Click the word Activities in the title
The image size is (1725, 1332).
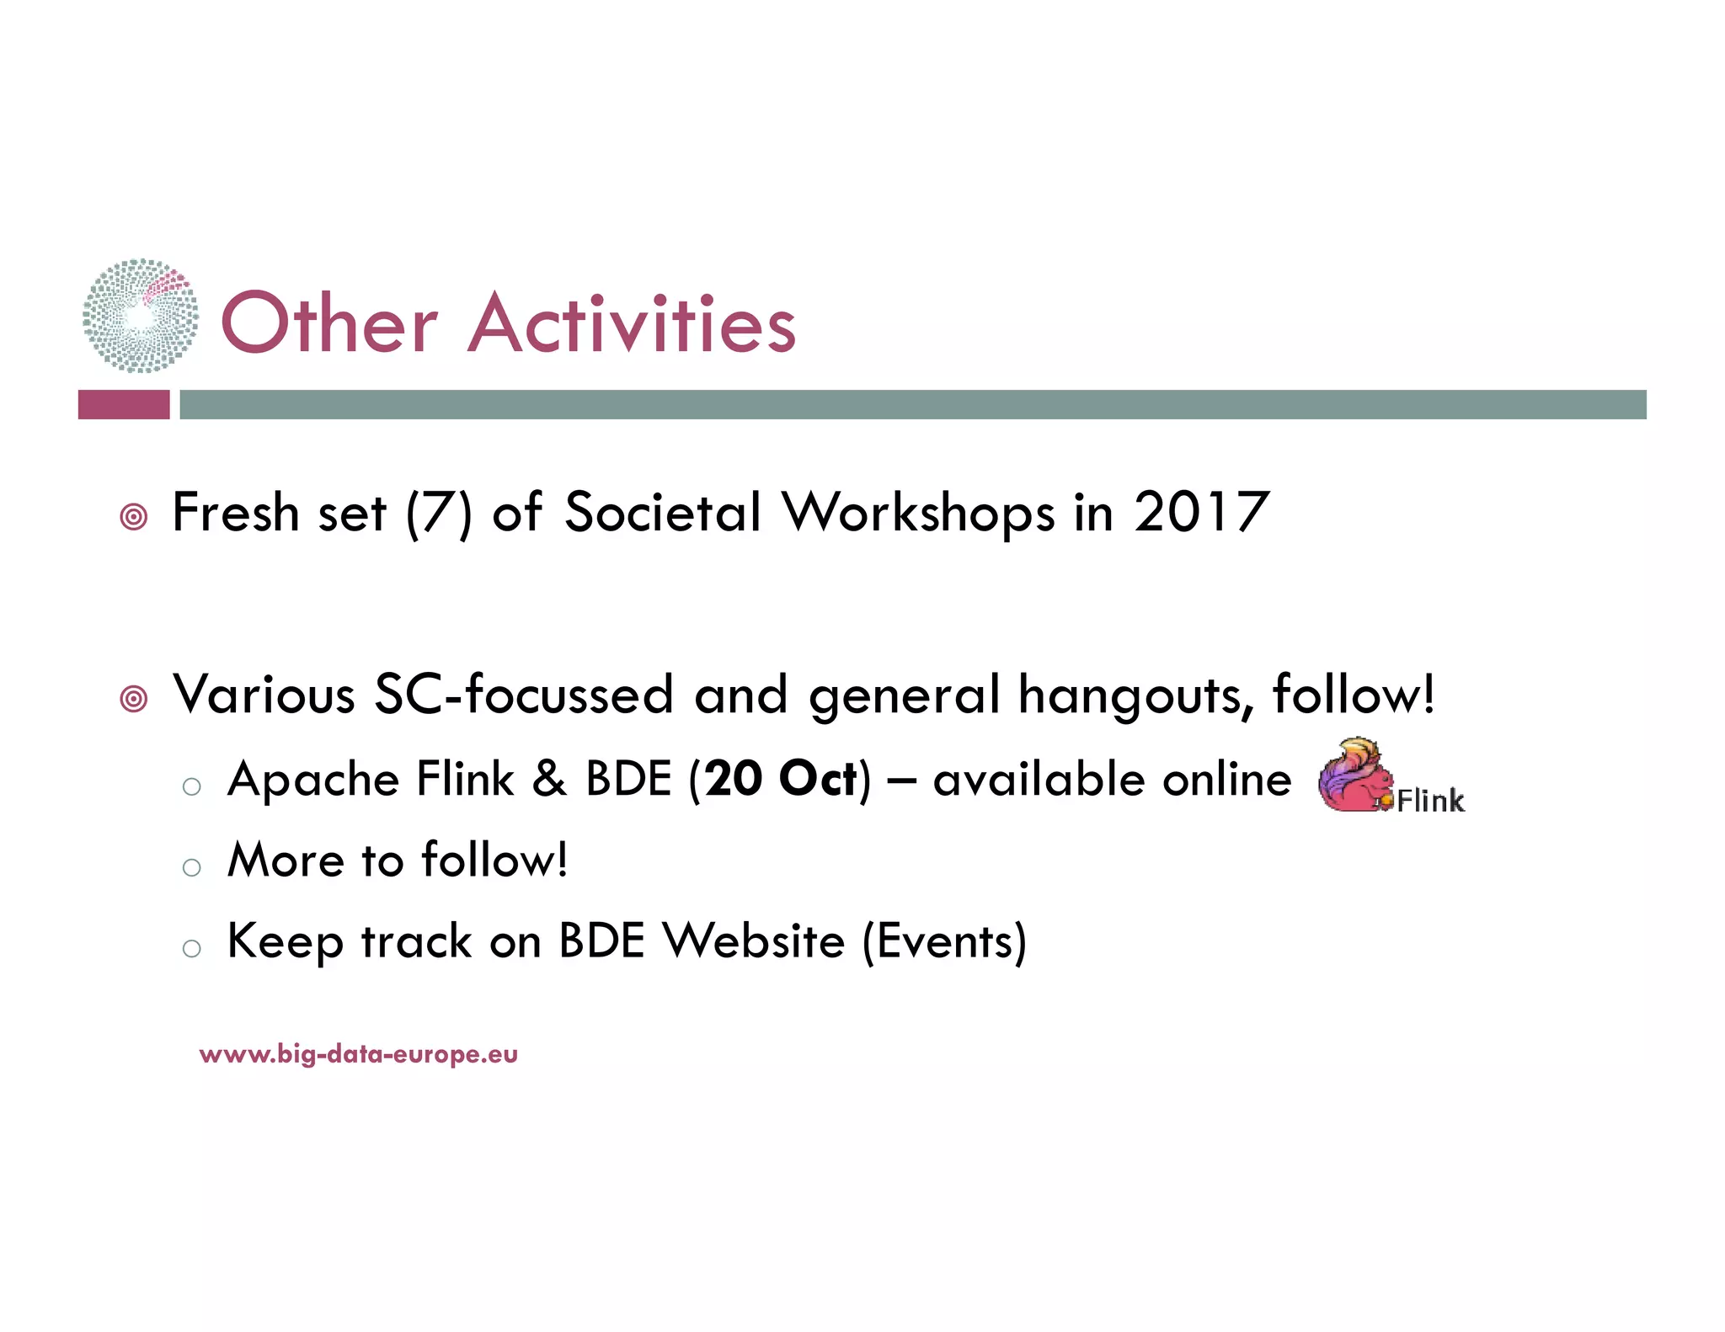coord(632,324)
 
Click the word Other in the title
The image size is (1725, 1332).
coord(328,324)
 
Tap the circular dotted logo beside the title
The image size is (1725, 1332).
coord(141,316)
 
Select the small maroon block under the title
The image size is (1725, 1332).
coord(124,404)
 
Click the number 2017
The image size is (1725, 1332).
coord(1201,512)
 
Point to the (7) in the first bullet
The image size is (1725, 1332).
coord(439,514)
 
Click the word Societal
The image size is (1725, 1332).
coord(663,512)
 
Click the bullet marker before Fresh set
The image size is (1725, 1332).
coord(134,516)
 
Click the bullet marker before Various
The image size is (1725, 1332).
coord(134,698)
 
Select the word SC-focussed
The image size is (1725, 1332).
coord(523,695)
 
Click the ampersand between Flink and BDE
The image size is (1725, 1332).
coord(549,779)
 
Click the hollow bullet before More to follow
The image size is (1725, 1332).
coord(192,867)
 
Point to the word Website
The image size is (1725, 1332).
coord(753,940)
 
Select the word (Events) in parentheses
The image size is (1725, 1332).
coord(944,941)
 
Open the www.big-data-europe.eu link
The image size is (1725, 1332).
coord(359,1054)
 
